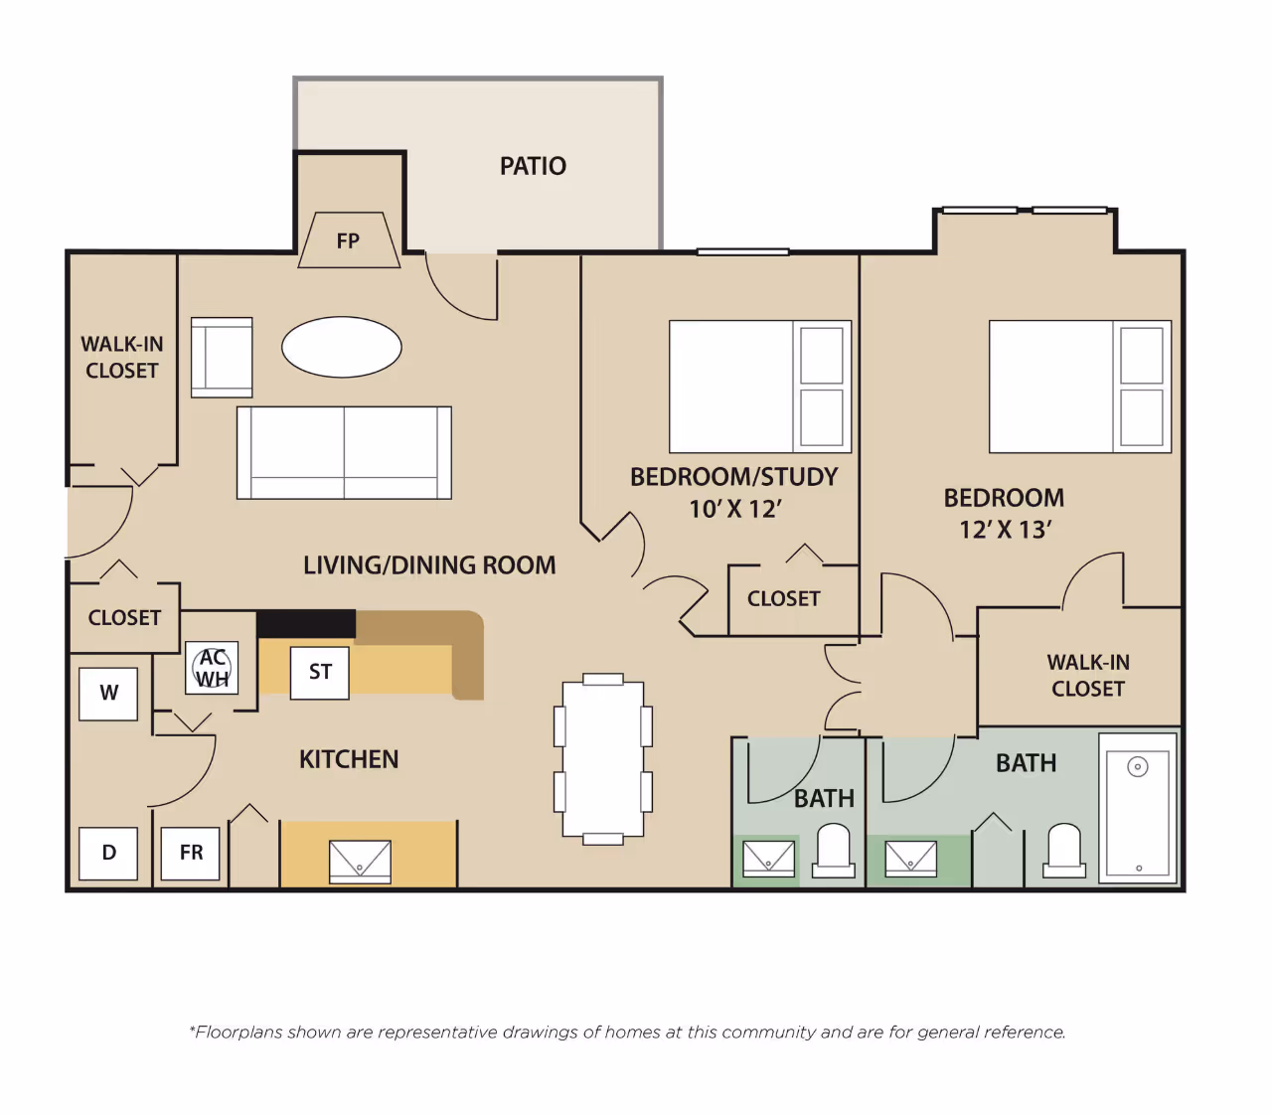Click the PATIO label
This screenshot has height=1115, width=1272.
[533, 166]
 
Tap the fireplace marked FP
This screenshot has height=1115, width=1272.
[349, 239]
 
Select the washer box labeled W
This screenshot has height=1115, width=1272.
[108, 694]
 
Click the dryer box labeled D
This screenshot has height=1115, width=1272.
[108, 854]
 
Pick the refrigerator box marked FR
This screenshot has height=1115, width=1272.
[190, 854]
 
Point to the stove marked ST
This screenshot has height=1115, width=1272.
[320, 673]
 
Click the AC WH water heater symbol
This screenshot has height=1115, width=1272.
[212, 668]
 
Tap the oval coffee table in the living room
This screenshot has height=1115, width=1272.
[342, 347]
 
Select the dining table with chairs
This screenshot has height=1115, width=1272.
[603, 759]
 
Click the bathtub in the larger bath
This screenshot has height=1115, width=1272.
[1138, 809]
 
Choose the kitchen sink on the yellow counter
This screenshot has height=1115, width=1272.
[360, 862]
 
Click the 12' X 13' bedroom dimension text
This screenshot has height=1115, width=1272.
[1005, 530]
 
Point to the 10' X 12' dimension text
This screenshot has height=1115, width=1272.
[735, 509]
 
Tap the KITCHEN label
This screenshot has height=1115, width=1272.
[349, 759]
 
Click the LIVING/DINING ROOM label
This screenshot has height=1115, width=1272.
[429, 565]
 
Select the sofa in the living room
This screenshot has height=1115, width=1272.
[344, 452]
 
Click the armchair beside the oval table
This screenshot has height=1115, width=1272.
[222, 357]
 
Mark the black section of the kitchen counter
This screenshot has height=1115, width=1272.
[306, 623]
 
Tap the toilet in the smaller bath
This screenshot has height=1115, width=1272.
[833, 851]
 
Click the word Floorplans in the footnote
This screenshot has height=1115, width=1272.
[238, 1033]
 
